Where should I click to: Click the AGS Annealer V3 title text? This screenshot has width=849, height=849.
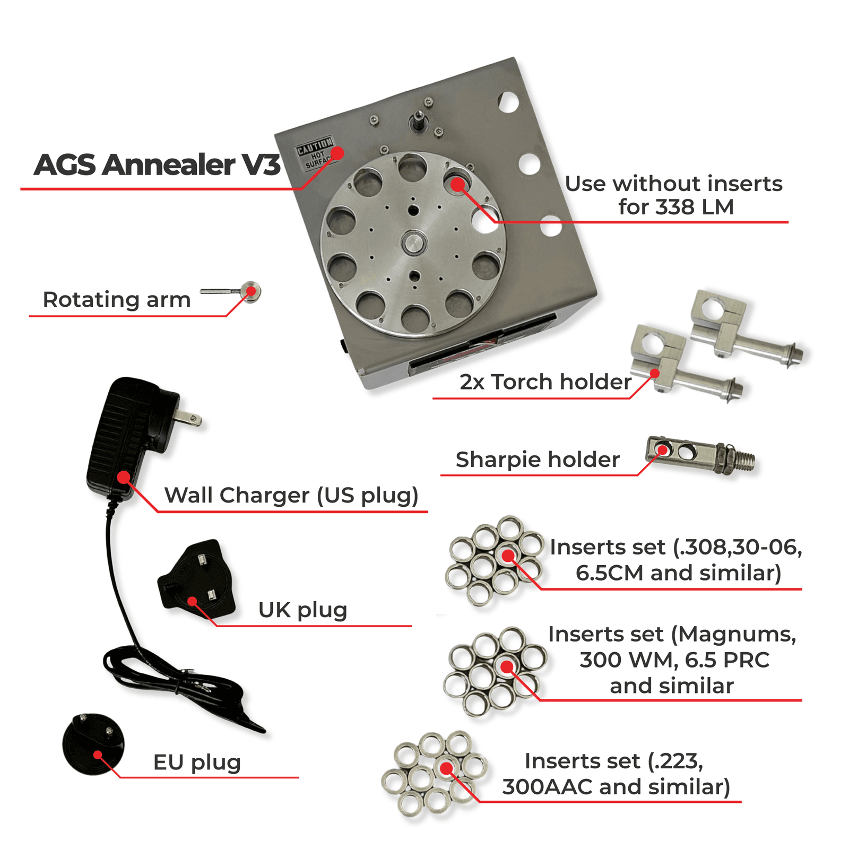157,164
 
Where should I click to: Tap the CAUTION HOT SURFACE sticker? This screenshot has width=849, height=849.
315,153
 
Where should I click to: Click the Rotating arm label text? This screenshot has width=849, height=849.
116,300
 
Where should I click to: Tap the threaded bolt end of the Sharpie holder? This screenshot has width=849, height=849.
743,460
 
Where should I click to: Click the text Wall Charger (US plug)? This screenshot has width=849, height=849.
291,496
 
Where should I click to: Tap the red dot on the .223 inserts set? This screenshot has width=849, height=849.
447,768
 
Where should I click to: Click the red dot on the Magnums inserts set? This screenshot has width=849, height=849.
507,666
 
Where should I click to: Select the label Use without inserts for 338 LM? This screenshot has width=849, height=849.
674,195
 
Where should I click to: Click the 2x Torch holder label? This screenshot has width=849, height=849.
545,382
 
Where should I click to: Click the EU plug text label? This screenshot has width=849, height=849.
197,763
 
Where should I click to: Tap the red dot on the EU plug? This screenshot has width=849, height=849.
98,755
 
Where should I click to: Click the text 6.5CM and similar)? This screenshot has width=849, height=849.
678,573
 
